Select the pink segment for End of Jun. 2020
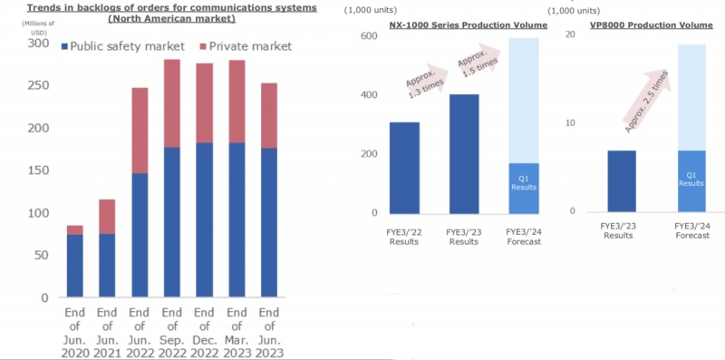pyautogui.click(x=75, y=230)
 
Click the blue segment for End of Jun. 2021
pyautogui.click(x=107, y=266)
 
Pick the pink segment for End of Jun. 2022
pyautogui.click(x=139, y=131)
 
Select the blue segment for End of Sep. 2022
pyautogui.click(x=170, y=222)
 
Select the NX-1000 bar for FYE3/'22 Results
pyautogui.click(x=404, y=167)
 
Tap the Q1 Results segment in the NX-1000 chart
pyautogui.click(x=523, y=188)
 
